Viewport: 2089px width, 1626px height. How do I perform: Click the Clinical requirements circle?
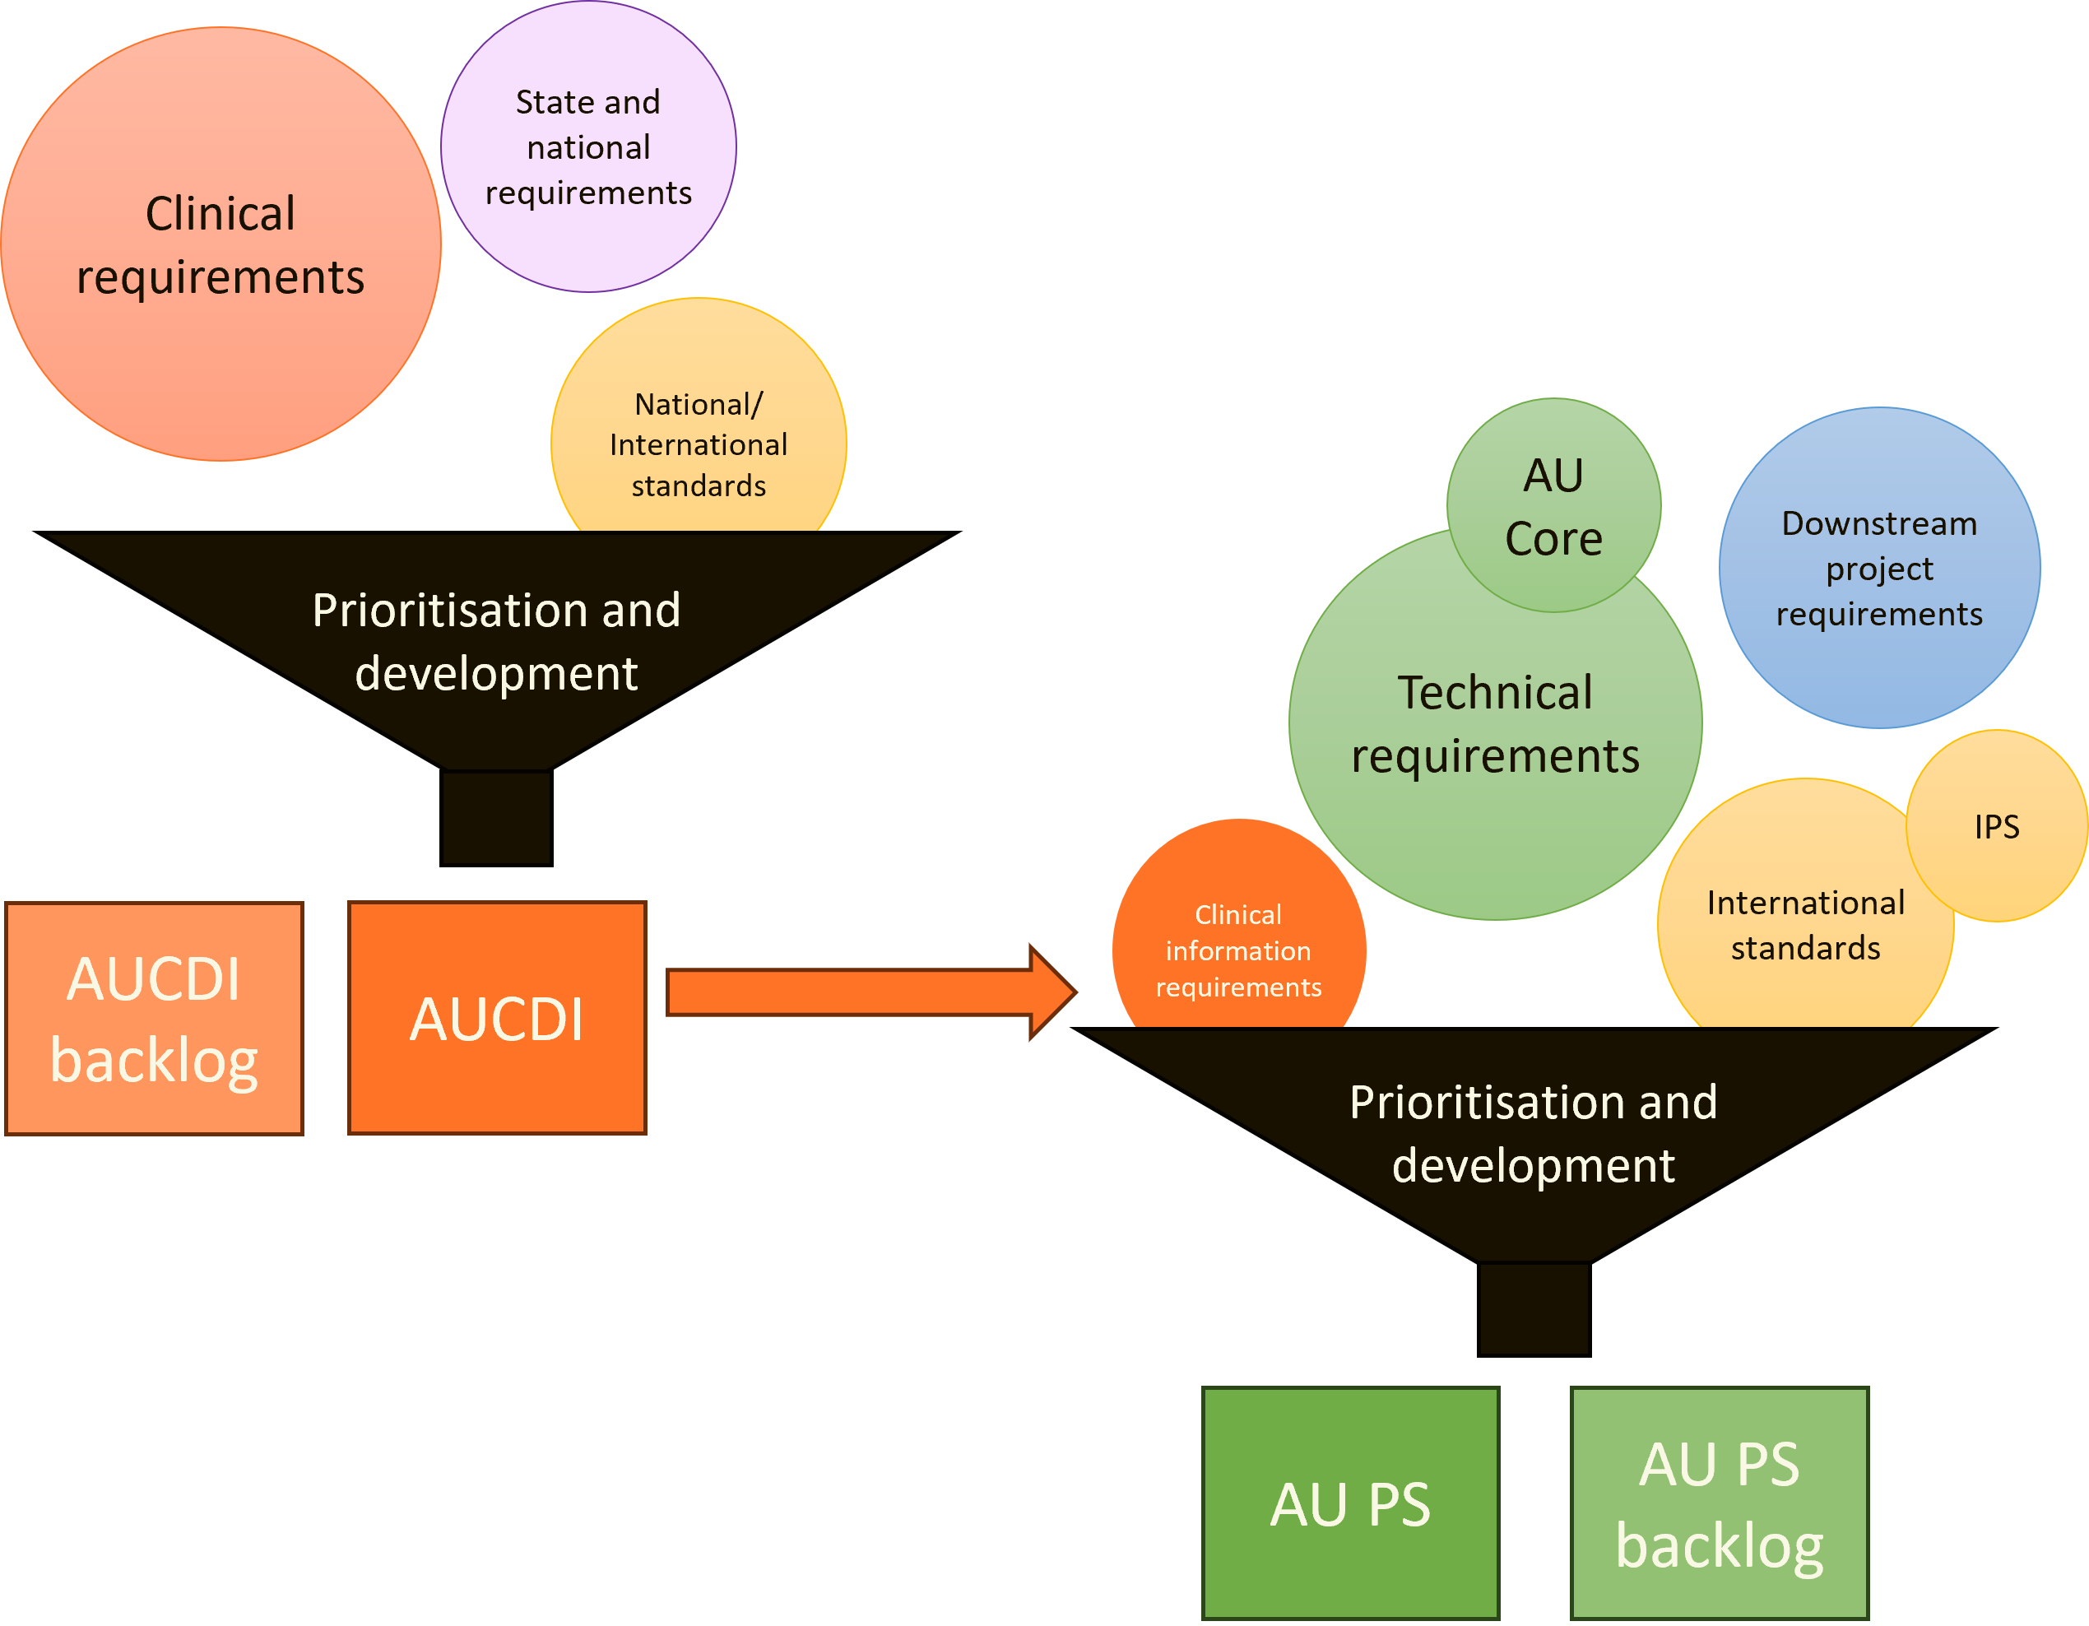(220, 244)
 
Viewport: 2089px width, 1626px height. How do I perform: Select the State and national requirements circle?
(588, 146)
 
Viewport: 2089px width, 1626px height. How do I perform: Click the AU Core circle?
(1553, 506)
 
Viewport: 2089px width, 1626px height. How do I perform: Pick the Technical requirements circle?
(1495, 746)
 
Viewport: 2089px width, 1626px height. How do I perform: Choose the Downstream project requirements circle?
(1878, 568)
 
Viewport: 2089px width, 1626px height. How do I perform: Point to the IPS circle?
(1997, 826)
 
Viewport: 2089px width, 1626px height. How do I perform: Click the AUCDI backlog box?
(154, 1019)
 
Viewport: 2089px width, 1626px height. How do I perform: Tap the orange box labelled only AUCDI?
(496, 1019)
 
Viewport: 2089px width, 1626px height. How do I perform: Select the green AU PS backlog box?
(1719, 1503)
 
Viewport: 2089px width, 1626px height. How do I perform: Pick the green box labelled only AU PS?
(1349, 1503)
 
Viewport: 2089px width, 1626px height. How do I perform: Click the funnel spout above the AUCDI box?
(496, 818)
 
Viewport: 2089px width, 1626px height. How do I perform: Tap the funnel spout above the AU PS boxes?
(1534, 1308)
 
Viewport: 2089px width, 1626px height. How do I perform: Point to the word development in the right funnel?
(1534, 1165)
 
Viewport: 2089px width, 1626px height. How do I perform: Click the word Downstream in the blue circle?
(1878, 523)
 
